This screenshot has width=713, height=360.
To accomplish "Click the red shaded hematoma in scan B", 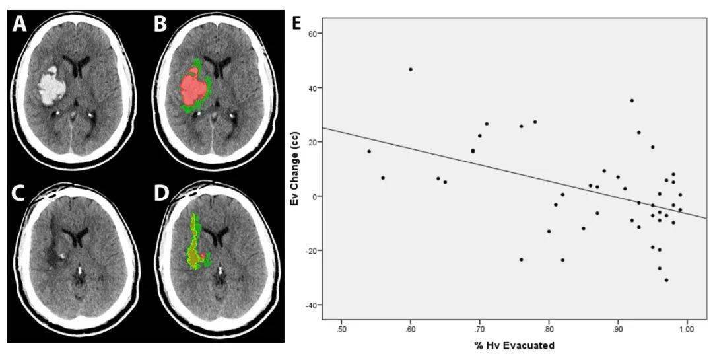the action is click(x=193, y=86).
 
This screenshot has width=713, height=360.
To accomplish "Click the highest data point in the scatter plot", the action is click(x=411, y=69).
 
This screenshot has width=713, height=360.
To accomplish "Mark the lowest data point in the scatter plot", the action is click(x=666, y=280).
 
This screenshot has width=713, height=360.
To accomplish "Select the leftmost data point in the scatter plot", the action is click(x=369, y=151).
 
